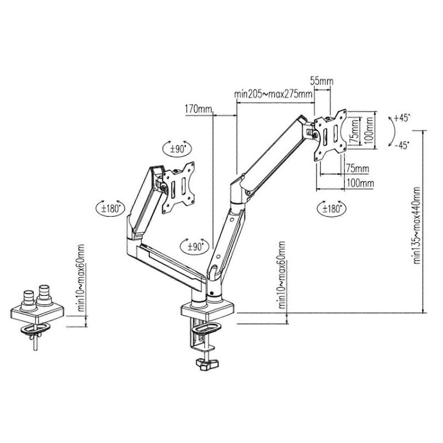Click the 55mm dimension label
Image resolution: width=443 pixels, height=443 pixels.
[322, 81]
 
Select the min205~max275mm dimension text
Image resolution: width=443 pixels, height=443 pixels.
[273, 94]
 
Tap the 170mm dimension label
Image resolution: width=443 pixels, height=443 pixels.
[198, 109]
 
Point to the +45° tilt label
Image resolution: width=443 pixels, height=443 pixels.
[402, 118]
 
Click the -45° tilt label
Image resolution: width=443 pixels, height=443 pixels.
[402, 145]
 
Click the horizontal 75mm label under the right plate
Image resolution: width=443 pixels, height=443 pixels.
[357, 169]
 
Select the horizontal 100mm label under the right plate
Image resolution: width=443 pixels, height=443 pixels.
[360, 183]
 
